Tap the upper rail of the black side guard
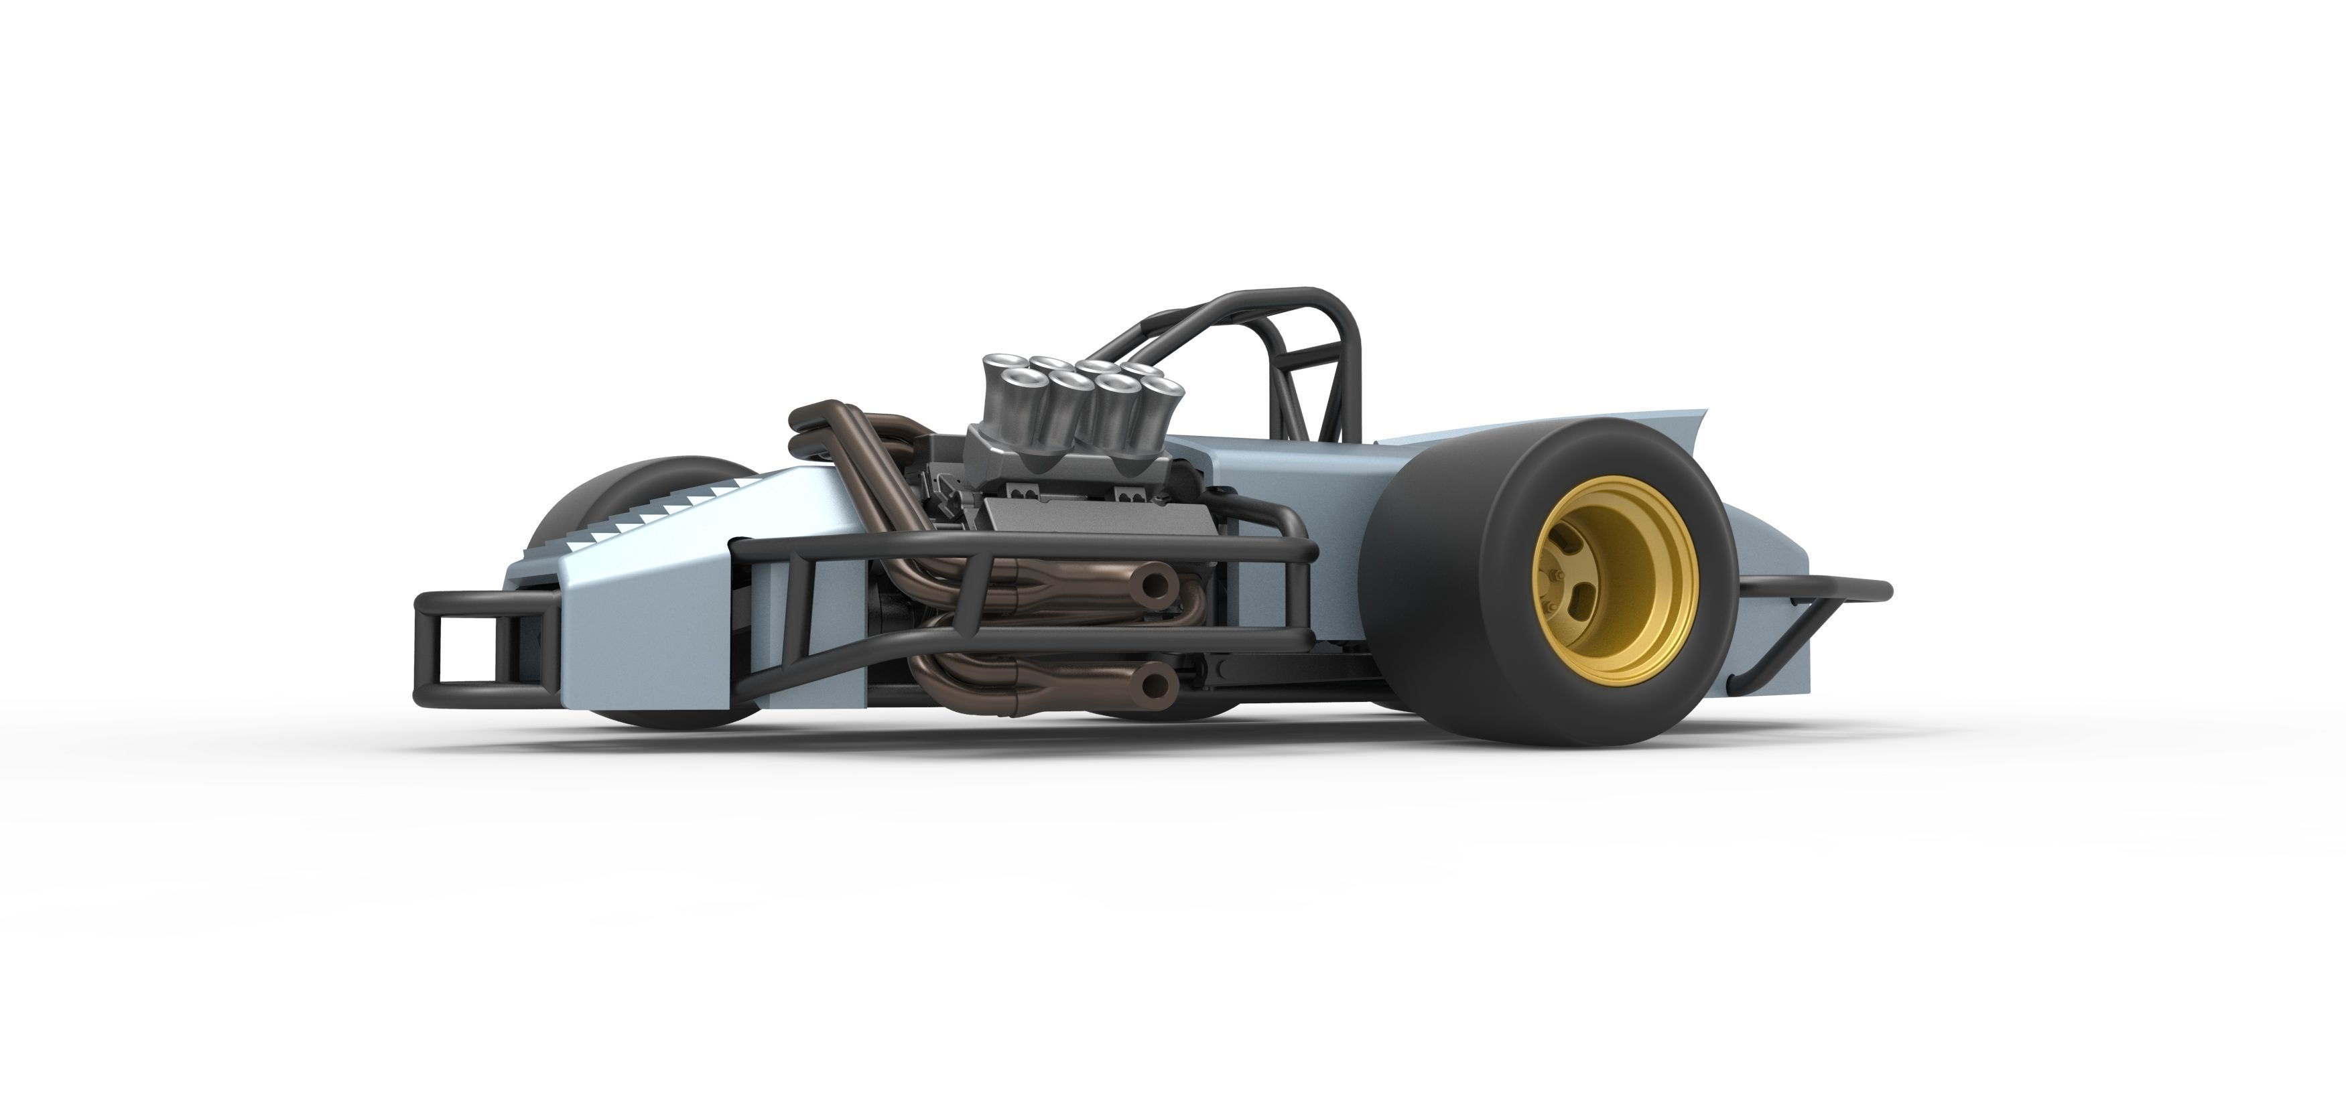pos(1002,542)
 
